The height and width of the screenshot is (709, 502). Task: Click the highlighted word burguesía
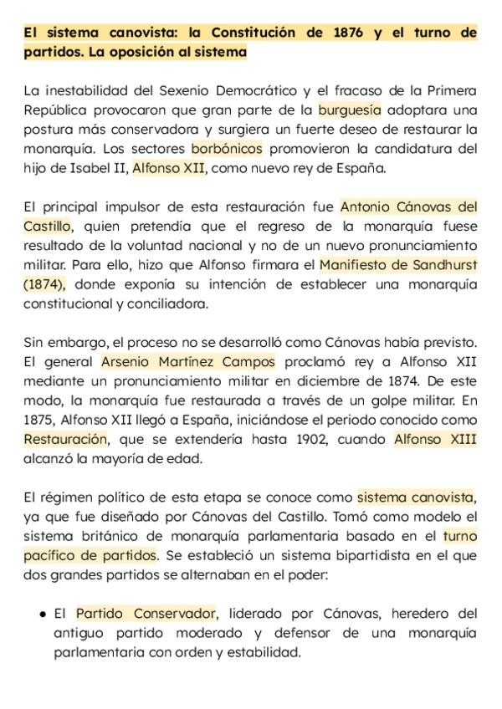(x=349, y=110)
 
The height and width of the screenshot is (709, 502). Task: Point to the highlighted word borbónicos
(x=227, y=149)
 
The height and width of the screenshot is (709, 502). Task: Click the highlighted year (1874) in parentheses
(x=44, y=284)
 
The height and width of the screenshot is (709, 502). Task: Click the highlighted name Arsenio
(x=129, y=362)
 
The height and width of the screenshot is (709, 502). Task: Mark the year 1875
(x=41, y=420)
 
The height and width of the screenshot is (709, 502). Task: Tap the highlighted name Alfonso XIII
(x=435, y=440)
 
